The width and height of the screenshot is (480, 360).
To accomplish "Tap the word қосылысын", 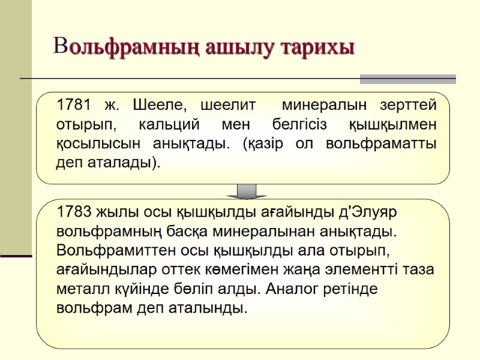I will (89, 145).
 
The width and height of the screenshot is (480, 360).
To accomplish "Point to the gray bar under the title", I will (407, 79).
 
